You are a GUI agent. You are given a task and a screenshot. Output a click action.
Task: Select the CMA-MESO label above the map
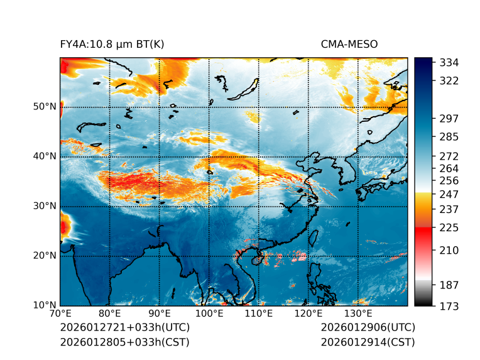(349, 44)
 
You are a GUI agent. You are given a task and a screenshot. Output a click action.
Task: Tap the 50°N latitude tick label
(45, 107)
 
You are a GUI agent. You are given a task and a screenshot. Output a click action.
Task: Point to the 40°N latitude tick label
(45, 156)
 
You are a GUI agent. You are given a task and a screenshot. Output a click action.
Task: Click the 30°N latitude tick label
(45, 206)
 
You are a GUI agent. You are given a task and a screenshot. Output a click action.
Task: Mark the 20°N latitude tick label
(45, 256)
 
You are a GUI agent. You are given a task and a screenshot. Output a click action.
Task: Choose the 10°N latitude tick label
(45, 305)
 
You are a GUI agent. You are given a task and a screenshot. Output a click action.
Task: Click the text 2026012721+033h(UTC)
(124, 328)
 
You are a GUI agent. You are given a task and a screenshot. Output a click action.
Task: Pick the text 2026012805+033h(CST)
(124, 342)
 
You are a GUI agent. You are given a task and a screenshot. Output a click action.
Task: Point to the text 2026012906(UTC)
(368, 328)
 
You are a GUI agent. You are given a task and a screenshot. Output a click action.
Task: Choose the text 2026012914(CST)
(368, 342)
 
